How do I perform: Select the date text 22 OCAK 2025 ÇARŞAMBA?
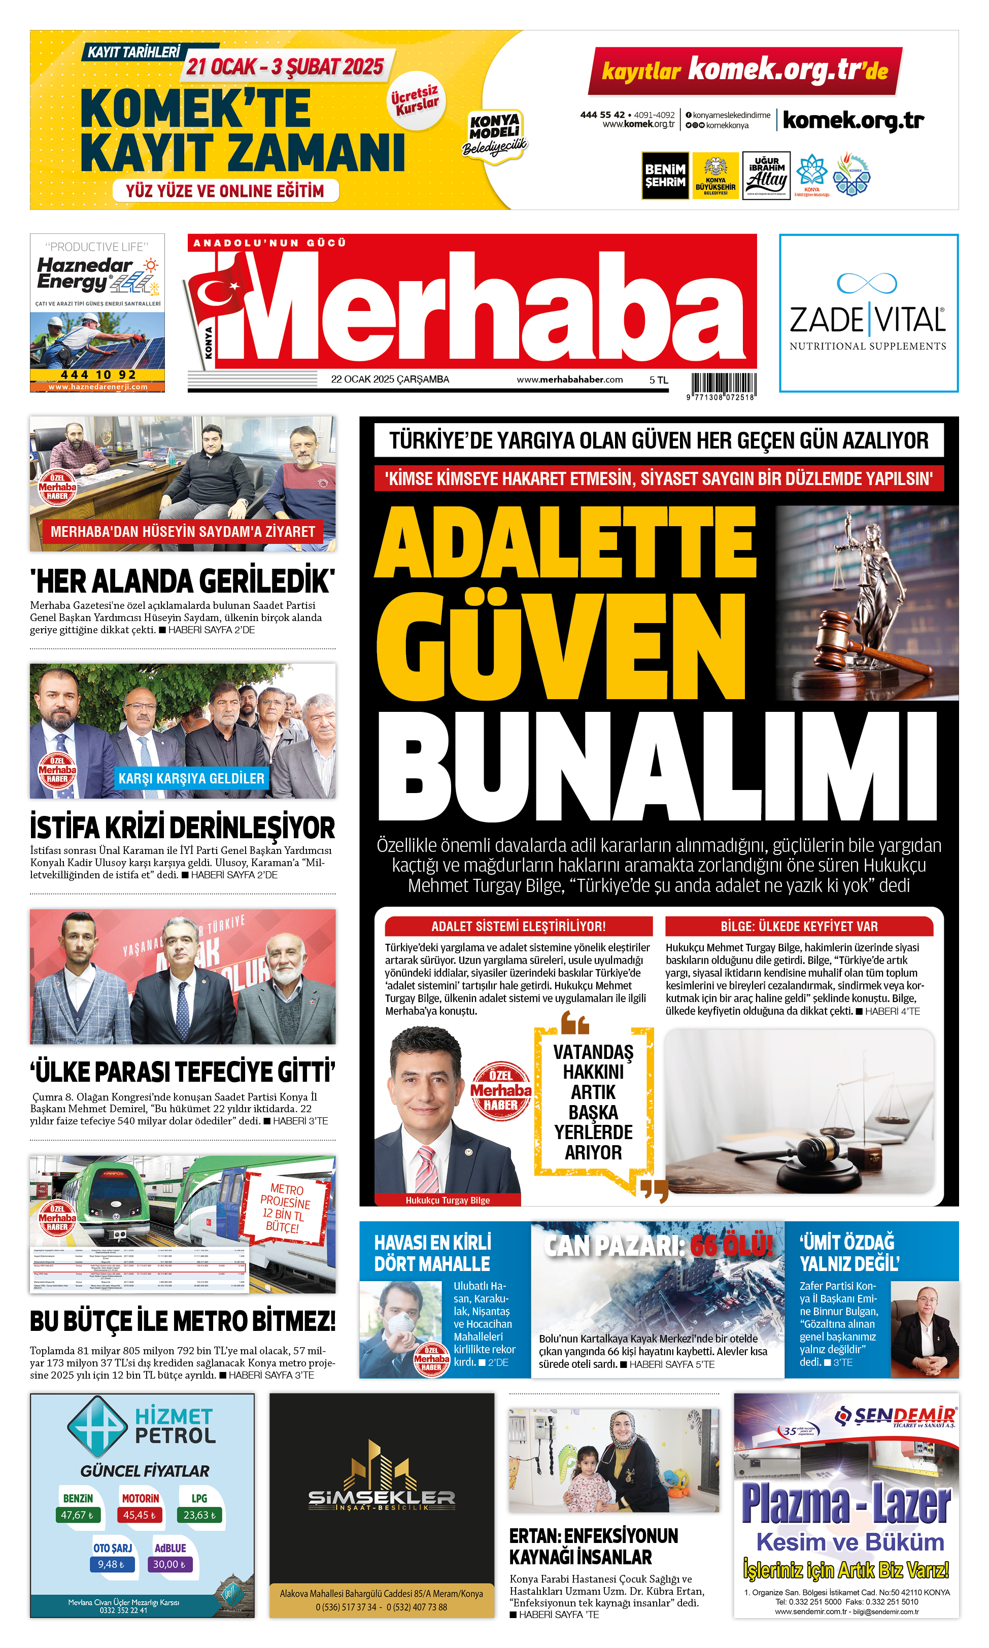(x=390, y=379)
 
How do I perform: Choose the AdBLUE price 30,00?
(x=169, y=1564)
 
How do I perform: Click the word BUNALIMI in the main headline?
(x=657, y=766)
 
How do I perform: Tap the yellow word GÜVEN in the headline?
(x=560, y=646)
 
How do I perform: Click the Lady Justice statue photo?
(x=866, y=603)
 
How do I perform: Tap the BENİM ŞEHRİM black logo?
(x=665, y=175)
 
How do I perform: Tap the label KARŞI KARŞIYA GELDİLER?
(x=191, y=778)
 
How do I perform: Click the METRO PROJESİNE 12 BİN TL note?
(x=287, y=1208)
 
